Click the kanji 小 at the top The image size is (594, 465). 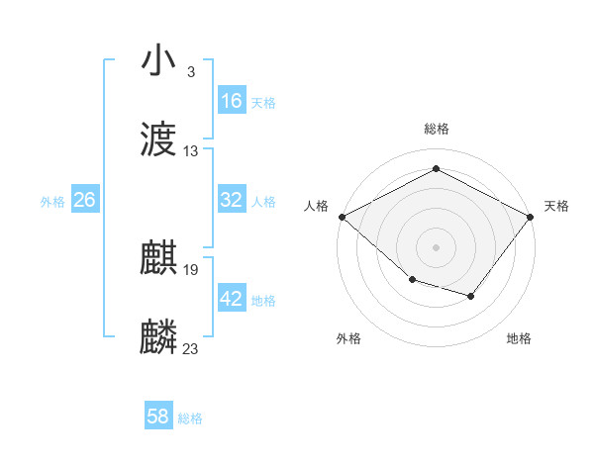[158, 60]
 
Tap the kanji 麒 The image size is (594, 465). [158, 258]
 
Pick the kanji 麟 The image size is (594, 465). [158, 337]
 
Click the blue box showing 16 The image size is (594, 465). [232, 101]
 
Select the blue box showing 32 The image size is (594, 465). [232, 200]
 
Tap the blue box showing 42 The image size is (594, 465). [232, 299]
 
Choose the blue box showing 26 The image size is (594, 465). [85, 200]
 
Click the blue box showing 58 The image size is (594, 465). [158, 417]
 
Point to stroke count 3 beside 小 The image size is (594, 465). [190, 72]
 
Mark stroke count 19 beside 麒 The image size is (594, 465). [191, 270]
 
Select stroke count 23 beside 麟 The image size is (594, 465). [191, 349]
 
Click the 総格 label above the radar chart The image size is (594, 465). [436, 130]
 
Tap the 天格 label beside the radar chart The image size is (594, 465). [556, 206]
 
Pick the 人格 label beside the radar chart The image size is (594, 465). [316, 206]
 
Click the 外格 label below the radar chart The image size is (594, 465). [348, 338]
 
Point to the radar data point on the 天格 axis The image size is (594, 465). [532, 217]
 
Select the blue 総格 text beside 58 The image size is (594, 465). [190, 418]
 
